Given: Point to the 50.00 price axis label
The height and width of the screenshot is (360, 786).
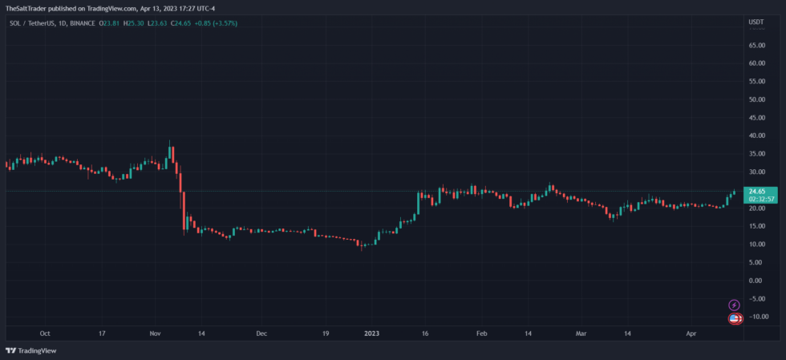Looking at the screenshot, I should pyautogui.click(x=756, y=100).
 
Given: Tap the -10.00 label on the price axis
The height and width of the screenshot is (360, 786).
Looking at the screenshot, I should pyautogui.click(x=756, y=317).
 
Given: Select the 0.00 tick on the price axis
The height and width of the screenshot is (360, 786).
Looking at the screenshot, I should pyautogui.click(x=756, y=281).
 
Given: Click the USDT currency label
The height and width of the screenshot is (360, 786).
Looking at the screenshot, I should pyautogui.click(x=756, y=22).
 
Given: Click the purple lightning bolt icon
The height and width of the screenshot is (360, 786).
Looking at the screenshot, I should pyautogui.click(x=733, y=305).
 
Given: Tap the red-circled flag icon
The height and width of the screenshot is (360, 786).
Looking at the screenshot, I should pyautogui.click(x=734, y=318).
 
